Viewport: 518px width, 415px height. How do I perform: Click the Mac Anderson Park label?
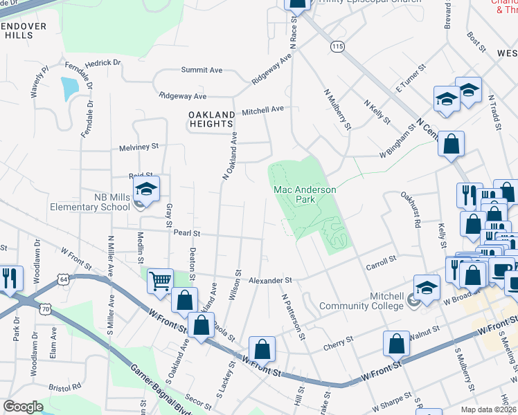tap(304, 194)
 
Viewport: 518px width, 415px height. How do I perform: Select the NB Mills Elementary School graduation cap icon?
tap(147, 189)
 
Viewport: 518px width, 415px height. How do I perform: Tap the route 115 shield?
tap(337, 46)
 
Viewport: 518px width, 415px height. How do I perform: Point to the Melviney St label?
tap(139, 147)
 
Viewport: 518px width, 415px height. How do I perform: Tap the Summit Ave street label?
tap(202, 70)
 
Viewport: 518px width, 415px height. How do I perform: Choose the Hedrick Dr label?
tap(102, 63)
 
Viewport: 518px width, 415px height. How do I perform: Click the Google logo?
tap(23, 407)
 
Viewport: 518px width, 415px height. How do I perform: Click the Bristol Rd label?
tap(65, 388)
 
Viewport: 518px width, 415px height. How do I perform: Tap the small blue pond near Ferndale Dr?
tap(69, 88)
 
